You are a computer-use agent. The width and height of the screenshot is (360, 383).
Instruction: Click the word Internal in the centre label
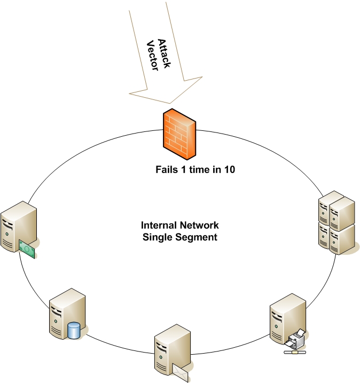tap(158, 225)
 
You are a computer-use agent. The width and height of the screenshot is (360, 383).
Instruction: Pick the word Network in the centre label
tap(198, 225)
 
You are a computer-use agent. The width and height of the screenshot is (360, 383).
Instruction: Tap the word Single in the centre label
tap(156, 237)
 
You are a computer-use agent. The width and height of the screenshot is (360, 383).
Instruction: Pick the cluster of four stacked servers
tap(336, 222)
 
